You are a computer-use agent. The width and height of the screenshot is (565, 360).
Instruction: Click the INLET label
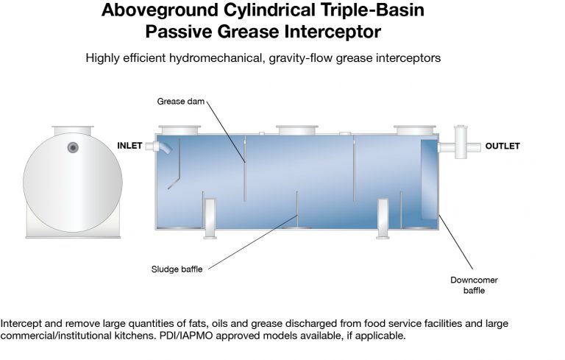point(129,146)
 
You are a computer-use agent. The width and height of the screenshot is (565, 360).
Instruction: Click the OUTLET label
point(502,146)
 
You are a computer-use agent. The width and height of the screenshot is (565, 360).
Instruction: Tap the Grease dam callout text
point(180,102)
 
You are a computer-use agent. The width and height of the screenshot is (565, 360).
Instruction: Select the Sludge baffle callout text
point(177,269)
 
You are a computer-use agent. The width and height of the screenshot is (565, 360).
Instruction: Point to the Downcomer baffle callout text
point(474,286)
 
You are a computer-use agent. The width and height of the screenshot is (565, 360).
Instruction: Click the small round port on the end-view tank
point(73,147)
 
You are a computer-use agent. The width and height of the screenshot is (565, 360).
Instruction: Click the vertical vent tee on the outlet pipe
point(461,142)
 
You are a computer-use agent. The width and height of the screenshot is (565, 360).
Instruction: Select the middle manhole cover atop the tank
point(297,130)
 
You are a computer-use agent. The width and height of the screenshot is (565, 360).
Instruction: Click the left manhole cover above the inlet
point(180,130)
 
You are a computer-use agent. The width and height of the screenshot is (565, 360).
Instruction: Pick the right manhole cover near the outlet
point(415,130)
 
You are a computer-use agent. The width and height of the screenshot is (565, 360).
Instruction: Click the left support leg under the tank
point(210,219)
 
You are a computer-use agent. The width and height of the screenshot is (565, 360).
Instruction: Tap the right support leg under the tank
point(383,219)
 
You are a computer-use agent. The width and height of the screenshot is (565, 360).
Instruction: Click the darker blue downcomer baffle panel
point(429,180)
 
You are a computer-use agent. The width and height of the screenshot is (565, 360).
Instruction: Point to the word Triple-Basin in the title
point(372,10)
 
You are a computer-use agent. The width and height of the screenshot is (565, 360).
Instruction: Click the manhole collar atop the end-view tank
point(73,130)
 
